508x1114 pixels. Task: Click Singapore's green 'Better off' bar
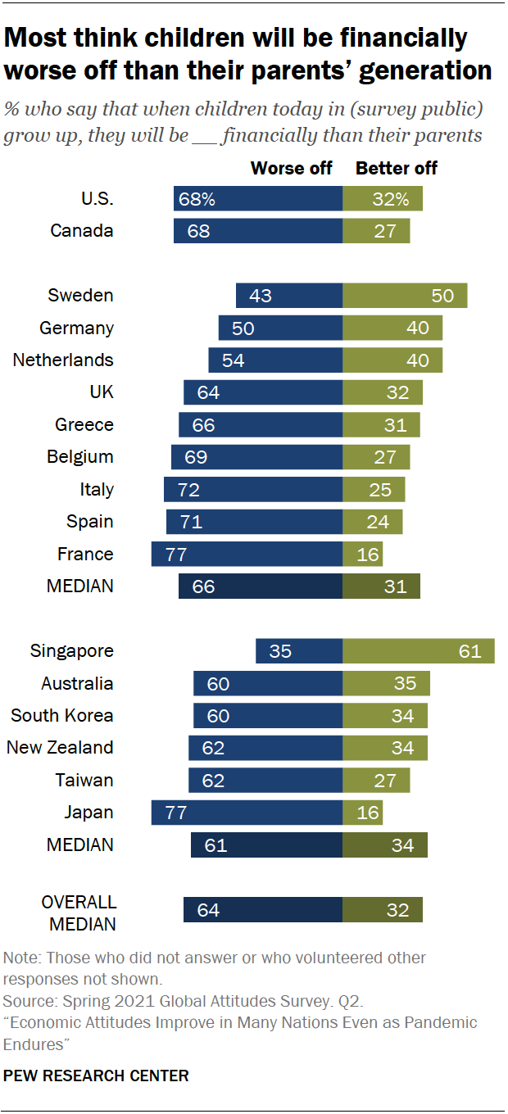point(418,651)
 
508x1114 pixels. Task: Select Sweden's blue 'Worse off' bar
point(288,295)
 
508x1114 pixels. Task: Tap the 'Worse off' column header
point(291,168)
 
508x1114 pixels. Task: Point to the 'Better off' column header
point(397,168)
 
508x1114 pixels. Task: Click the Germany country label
point(76,328)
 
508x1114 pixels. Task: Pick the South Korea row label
point(62,715)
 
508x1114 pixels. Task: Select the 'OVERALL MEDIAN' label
point(79,912)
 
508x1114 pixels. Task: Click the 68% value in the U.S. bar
point(198,199)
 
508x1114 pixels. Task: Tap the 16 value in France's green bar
point(368,555)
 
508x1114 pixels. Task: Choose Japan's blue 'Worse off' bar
point(247,813)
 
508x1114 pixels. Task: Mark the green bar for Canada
point(376,231)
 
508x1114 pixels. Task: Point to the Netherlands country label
point(63,360)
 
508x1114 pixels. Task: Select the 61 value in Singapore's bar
point(469,651)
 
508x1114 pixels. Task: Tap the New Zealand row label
point(60,747)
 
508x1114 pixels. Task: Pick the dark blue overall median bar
point(262,909)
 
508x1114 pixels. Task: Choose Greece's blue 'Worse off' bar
point(260,424)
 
